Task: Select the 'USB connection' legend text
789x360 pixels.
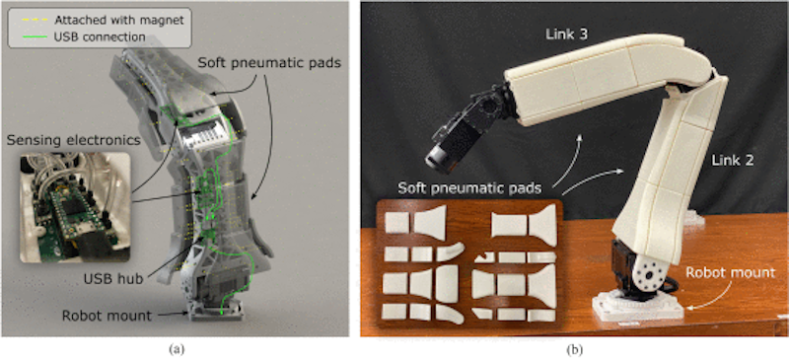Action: point(100,36)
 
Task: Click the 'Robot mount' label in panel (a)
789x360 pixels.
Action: point(107,317)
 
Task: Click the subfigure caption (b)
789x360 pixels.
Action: point(573,348)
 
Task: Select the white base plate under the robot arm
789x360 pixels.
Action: point(638,308)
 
